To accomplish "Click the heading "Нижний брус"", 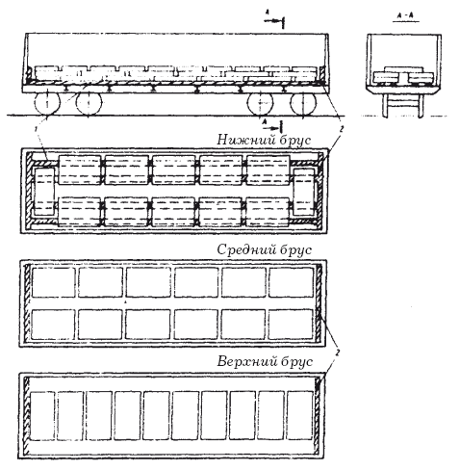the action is coord(264,140).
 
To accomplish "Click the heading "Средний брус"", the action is coord(264,249).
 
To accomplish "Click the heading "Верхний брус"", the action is coord(265,361).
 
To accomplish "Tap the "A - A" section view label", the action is coord(405,15).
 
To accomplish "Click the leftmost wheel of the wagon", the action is coord(47,103).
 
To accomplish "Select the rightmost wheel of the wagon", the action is coord(303,103).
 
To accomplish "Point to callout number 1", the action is coord(38,129).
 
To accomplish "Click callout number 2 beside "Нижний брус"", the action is coord(342,129).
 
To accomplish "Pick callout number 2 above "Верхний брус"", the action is coord(337,352).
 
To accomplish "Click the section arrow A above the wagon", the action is coord(274,19).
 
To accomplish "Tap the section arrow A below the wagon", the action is coord(272,126).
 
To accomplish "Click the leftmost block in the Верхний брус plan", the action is coord(41,415).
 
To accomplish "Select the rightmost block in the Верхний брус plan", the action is coord(299,415).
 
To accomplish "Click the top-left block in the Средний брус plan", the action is coord(54,282).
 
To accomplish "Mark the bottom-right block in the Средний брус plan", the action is coord(291,325).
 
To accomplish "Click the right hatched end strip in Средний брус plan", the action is coord(319,302).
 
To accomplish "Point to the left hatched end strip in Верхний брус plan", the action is coord(27,415).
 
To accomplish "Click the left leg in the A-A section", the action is coord(385,106).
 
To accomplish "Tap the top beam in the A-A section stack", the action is coord(404,69).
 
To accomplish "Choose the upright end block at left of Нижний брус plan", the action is coord(44,192).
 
